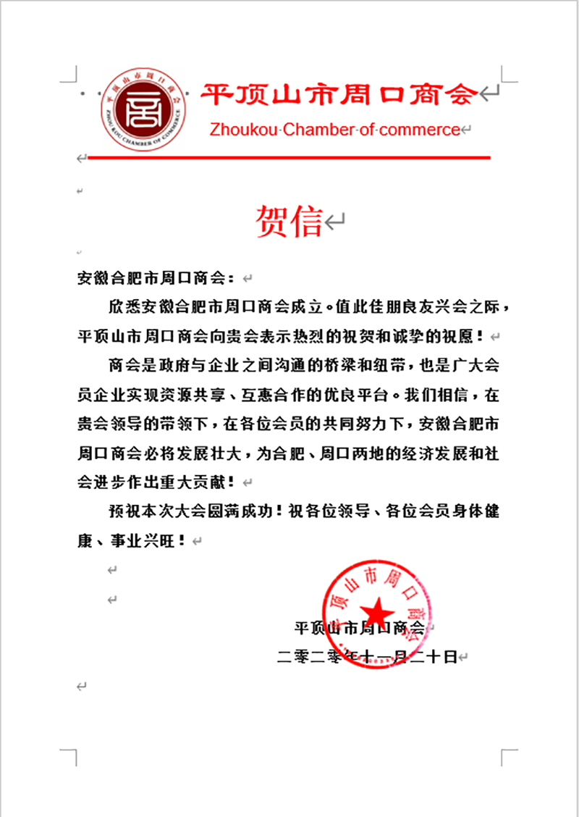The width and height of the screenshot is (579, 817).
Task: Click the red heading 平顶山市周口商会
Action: coord(339,94)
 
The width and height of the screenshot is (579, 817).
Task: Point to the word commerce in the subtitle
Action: coord(419,130)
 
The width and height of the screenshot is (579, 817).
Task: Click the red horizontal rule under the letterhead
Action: coord(289,157)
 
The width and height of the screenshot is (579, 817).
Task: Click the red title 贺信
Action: coord(289,222)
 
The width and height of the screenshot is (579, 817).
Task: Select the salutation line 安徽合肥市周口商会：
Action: coord(156,277)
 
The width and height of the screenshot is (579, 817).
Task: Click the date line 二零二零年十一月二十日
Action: coord(368,657)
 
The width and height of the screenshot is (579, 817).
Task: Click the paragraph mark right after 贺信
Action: coord(334,222)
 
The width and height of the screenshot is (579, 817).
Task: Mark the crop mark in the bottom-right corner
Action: coord(508,755)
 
